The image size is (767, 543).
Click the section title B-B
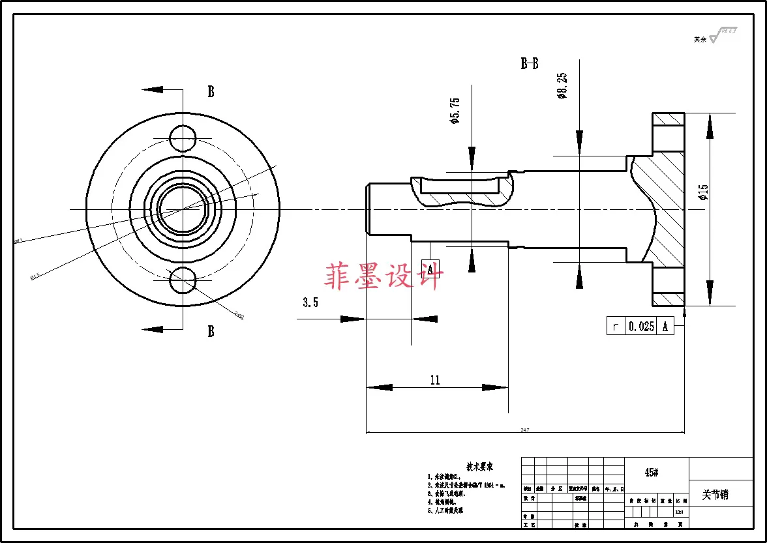(x=529, y=64)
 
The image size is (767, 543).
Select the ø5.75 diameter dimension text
(x=455, y=111)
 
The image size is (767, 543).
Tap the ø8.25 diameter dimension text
(x=562, y=86)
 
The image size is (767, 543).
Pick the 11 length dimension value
(x=435, y=380)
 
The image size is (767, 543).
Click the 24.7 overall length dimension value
(x=524, y=430)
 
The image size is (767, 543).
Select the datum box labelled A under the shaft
(x=430, y=269)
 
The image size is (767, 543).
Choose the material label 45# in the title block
(x=651, y=473)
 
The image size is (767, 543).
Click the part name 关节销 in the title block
(x=715, y=495)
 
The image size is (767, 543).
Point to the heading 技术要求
(x=479, y=467)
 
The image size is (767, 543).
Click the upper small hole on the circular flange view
(x=183, y=138)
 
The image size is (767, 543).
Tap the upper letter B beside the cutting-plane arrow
(x=211, y=92)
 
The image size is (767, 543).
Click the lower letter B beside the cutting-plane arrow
(x=211, y=332)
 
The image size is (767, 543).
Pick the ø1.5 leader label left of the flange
(x=35, y=276)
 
